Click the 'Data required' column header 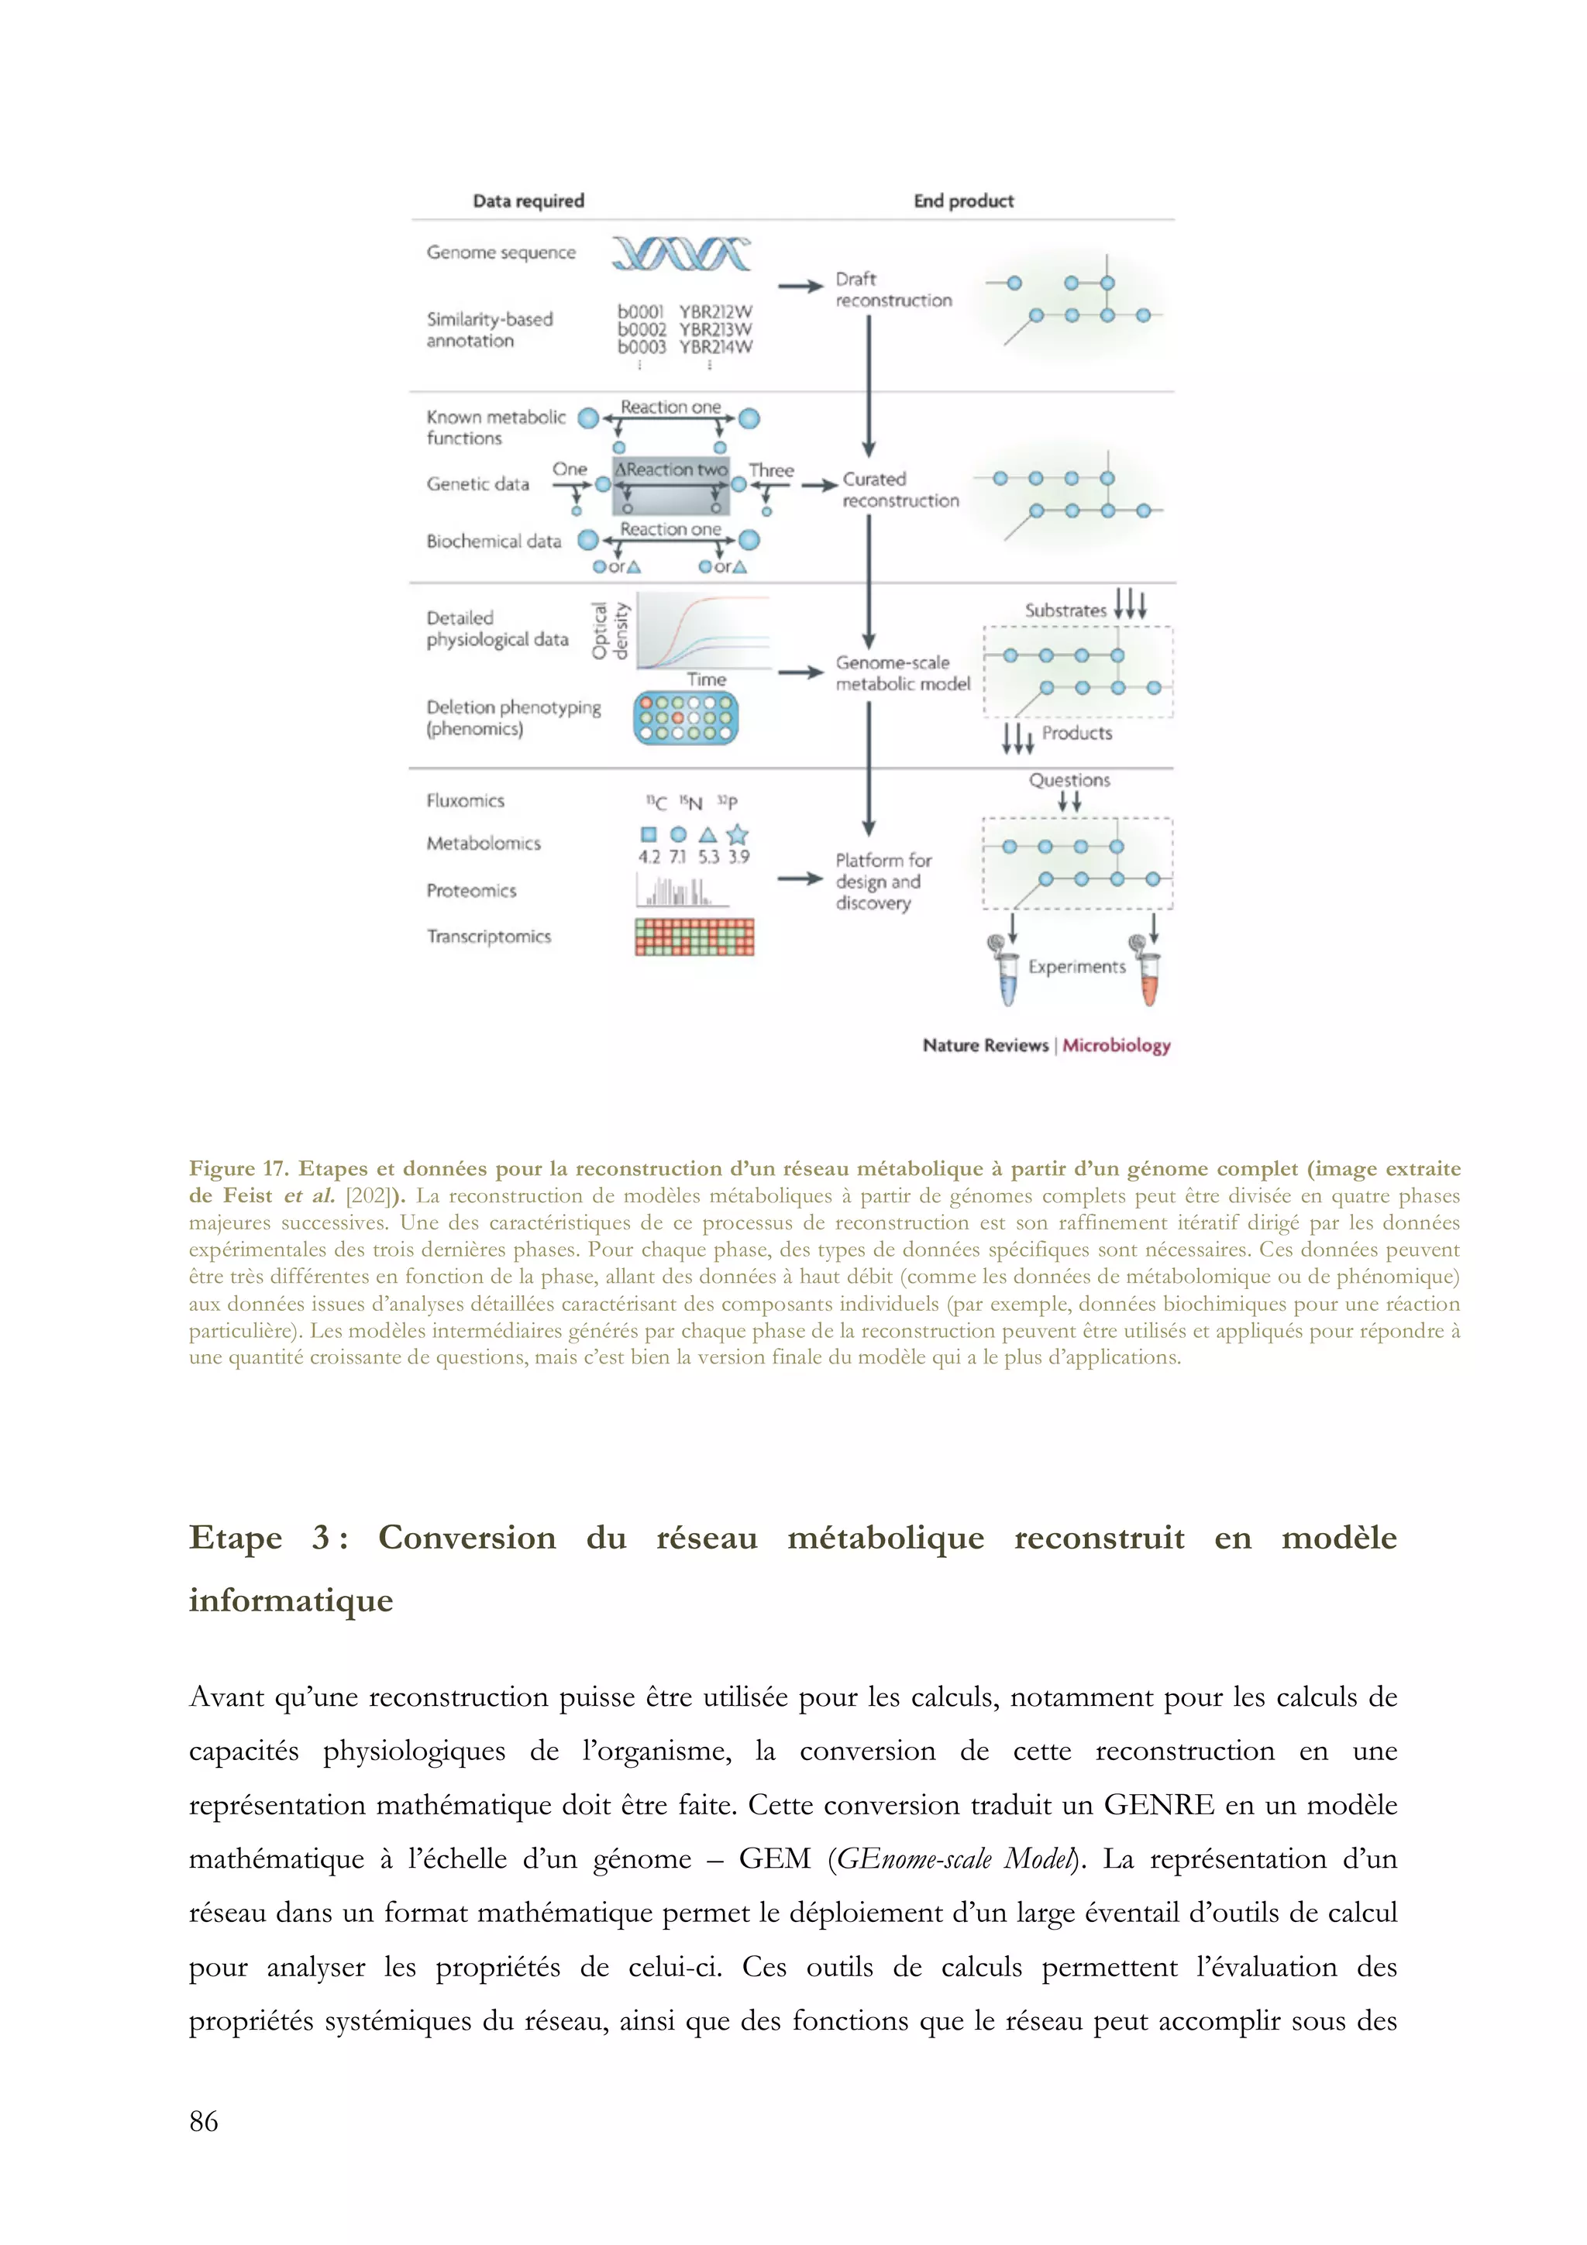(528, 201)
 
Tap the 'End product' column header (963, 201)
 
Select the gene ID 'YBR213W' (716, 329)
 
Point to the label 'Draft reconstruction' (893, 290)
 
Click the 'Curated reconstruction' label (900, 490)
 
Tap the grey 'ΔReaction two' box (671, 486)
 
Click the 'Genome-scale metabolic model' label (901, 672)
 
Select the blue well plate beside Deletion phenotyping (686, 717)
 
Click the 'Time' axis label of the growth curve (706, 679)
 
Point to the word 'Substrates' (1065, 610)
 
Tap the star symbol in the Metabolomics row (738, 834)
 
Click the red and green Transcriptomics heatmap (694, 937)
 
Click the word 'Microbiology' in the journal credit (1116, 1045)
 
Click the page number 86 (203, 2121)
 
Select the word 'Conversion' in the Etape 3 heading (466, 1537)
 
